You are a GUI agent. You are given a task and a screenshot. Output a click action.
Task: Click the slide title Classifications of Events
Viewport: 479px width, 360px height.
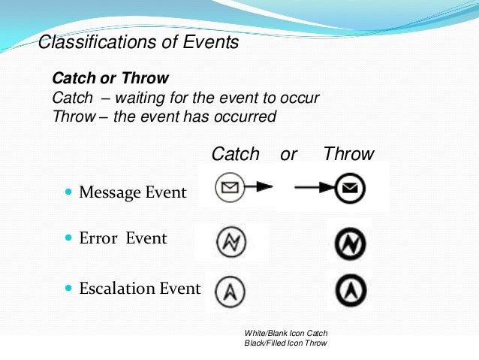(x=138, y=42)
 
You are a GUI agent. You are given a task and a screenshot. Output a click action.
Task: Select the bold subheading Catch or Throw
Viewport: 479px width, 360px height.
(x=110, y=78)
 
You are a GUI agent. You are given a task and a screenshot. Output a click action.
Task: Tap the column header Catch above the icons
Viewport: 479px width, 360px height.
(x=235, y=154)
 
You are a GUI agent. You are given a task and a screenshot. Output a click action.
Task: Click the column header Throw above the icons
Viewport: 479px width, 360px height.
(x=348, y=154)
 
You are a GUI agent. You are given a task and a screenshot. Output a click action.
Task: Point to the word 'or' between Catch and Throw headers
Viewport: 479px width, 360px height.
(x=288, y=154)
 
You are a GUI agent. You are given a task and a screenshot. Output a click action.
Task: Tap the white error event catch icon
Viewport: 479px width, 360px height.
(x=230, y=241)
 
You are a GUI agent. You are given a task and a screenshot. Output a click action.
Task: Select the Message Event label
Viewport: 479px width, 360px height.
(x=132, y=192)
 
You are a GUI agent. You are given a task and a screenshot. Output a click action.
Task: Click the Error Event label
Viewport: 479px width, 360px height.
(x=123, y=238)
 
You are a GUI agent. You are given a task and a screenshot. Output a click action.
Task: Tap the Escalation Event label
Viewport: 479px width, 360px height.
(x=140, y=289)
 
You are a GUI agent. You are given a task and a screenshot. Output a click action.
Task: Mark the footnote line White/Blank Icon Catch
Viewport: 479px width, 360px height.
(x=286, y=333)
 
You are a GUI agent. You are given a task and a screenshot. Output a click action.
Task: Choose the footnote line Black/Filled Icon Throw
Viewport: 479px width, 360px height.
(x=286, y=343)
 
